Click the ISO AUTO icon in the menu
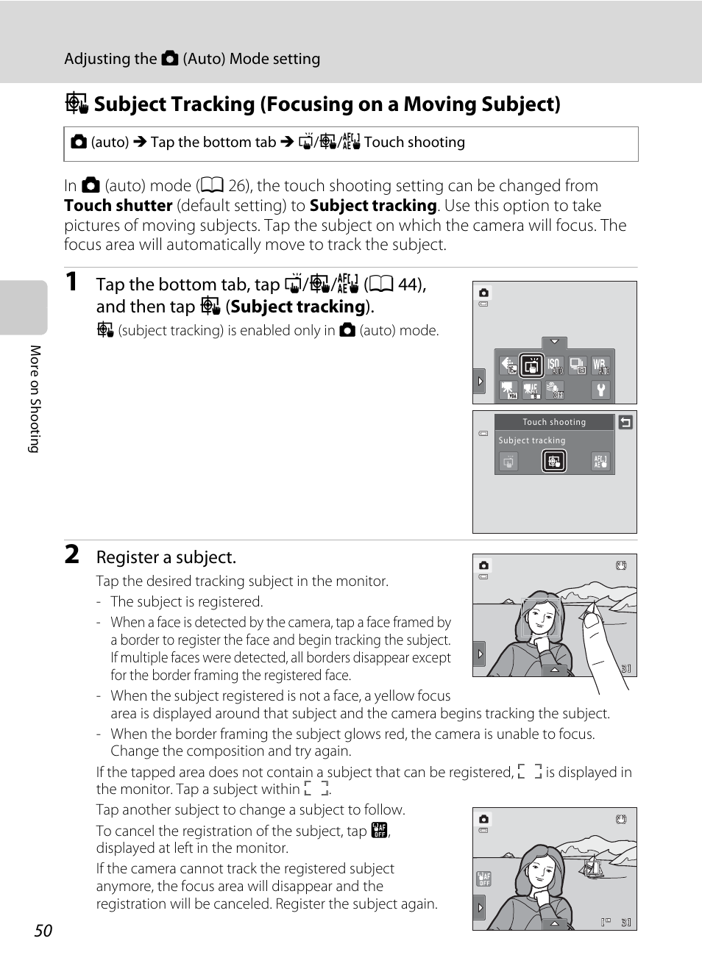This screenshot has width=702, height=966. (x=555, y=365)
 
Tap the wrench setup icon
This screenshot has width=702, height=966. (x=600, y=390)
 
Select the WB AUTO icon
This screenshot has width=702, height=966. (x=600, y=365)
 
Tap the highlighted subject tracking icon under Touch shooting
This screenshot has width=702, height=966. (x=554, y=461)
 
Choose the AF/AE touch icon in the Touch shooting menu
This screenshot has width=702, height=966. (x=600, y=461)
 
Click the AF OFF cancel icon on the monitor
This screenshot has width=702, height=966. (x=483, y=878)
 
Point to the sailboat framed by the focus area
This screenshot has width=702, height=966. (x=592, y=867)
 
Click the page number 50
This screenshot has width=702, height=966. (x=43, y=931)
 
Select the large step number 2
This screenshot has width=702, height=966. (x=72, y=554)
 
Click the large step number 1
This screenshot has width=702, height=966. (x=71, y=282)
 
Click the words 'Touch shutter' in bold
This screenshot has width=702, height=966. (x=118, y=206)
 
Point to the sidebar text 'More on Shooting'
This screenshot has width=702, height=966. (x=35, y=398)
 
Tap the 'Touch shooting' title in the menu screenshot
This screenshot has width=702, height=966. (x=554, y=422)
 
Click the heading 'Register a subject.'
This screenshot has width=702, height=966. (x=166, y=557)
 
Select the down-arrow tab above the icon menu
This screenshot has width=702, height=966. (x=554, y=342)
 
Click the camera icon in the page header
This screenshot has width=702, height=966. (x=170, y=58)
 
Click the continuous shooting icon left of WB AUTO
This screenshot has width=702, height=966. (x=578, y=365)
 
